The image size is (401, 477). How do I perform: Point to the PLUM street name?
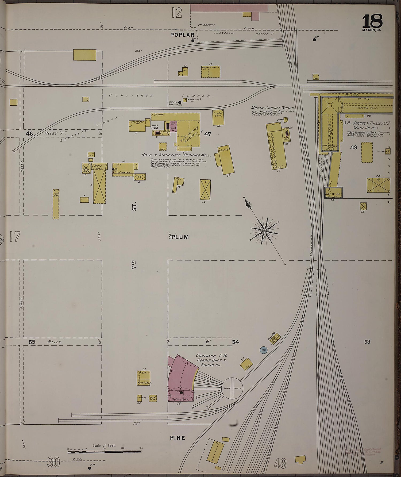[x=180, y=237]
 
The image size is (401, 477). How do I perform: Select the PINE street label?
[x=178, y=438]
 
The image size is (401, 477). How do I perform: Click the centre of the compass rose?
[x=264, y=231]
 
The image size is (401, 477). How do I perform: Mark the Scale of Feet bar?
[x=104, y=452]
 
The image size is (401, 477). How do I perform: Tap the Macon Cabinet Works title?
[x=272, y=108]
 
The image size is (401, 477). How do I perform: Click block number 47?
[x=207, y=134]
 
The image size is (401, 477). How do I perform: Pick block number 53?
[x=367, y=342]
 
